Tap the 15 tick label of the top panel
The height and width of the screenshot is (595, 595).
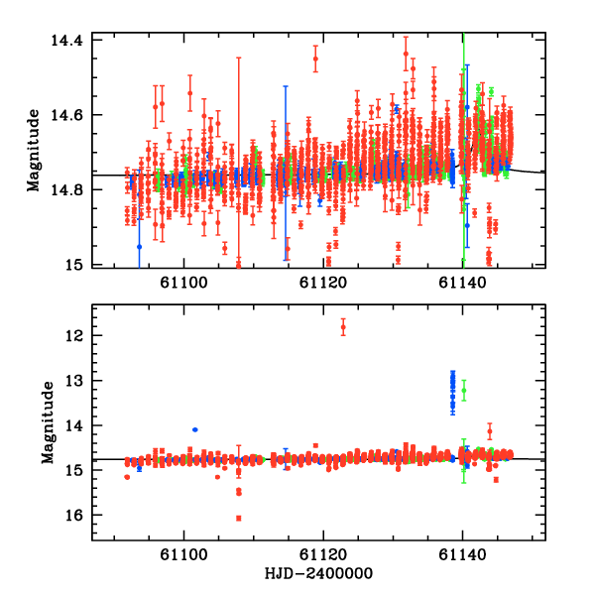click(x=74, y=266)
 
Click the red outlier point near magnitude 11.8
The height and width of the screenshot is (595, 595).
click(x=343, y=326)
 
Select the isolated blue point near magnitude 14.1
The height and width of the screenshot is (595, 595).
click(x=195, y=429)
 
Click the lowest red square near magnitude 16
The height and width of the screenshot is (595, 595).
click(x=239, y=518)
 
